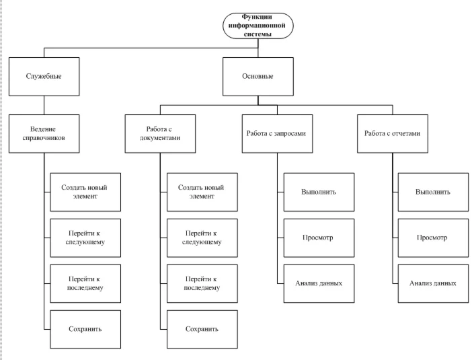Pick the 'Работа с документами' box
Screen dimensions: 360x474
point(159,133)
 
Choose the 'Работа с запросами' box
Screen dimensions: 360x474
point(277,133)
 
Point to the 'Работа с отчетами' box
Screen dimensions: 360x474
point(392,133)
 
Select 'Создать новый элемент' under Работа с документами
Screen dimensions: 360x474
point(201,191)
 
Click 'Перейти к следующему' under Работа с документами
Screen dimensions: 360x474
point(201,237)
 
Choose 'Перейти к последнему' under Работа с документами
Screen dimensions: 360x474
point(201,283)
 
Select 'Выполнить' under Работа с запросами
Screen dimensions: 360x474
point(318,191)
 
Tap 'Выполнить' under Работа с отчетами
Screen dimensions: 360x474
point(432,191)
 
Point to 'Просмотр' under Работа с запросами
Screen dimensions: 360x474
point(318,237)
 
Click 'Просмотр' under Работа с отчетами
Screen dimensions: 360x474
point(432,237)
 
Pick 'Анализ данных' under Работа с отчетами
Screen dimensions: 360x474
point(432,283)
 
